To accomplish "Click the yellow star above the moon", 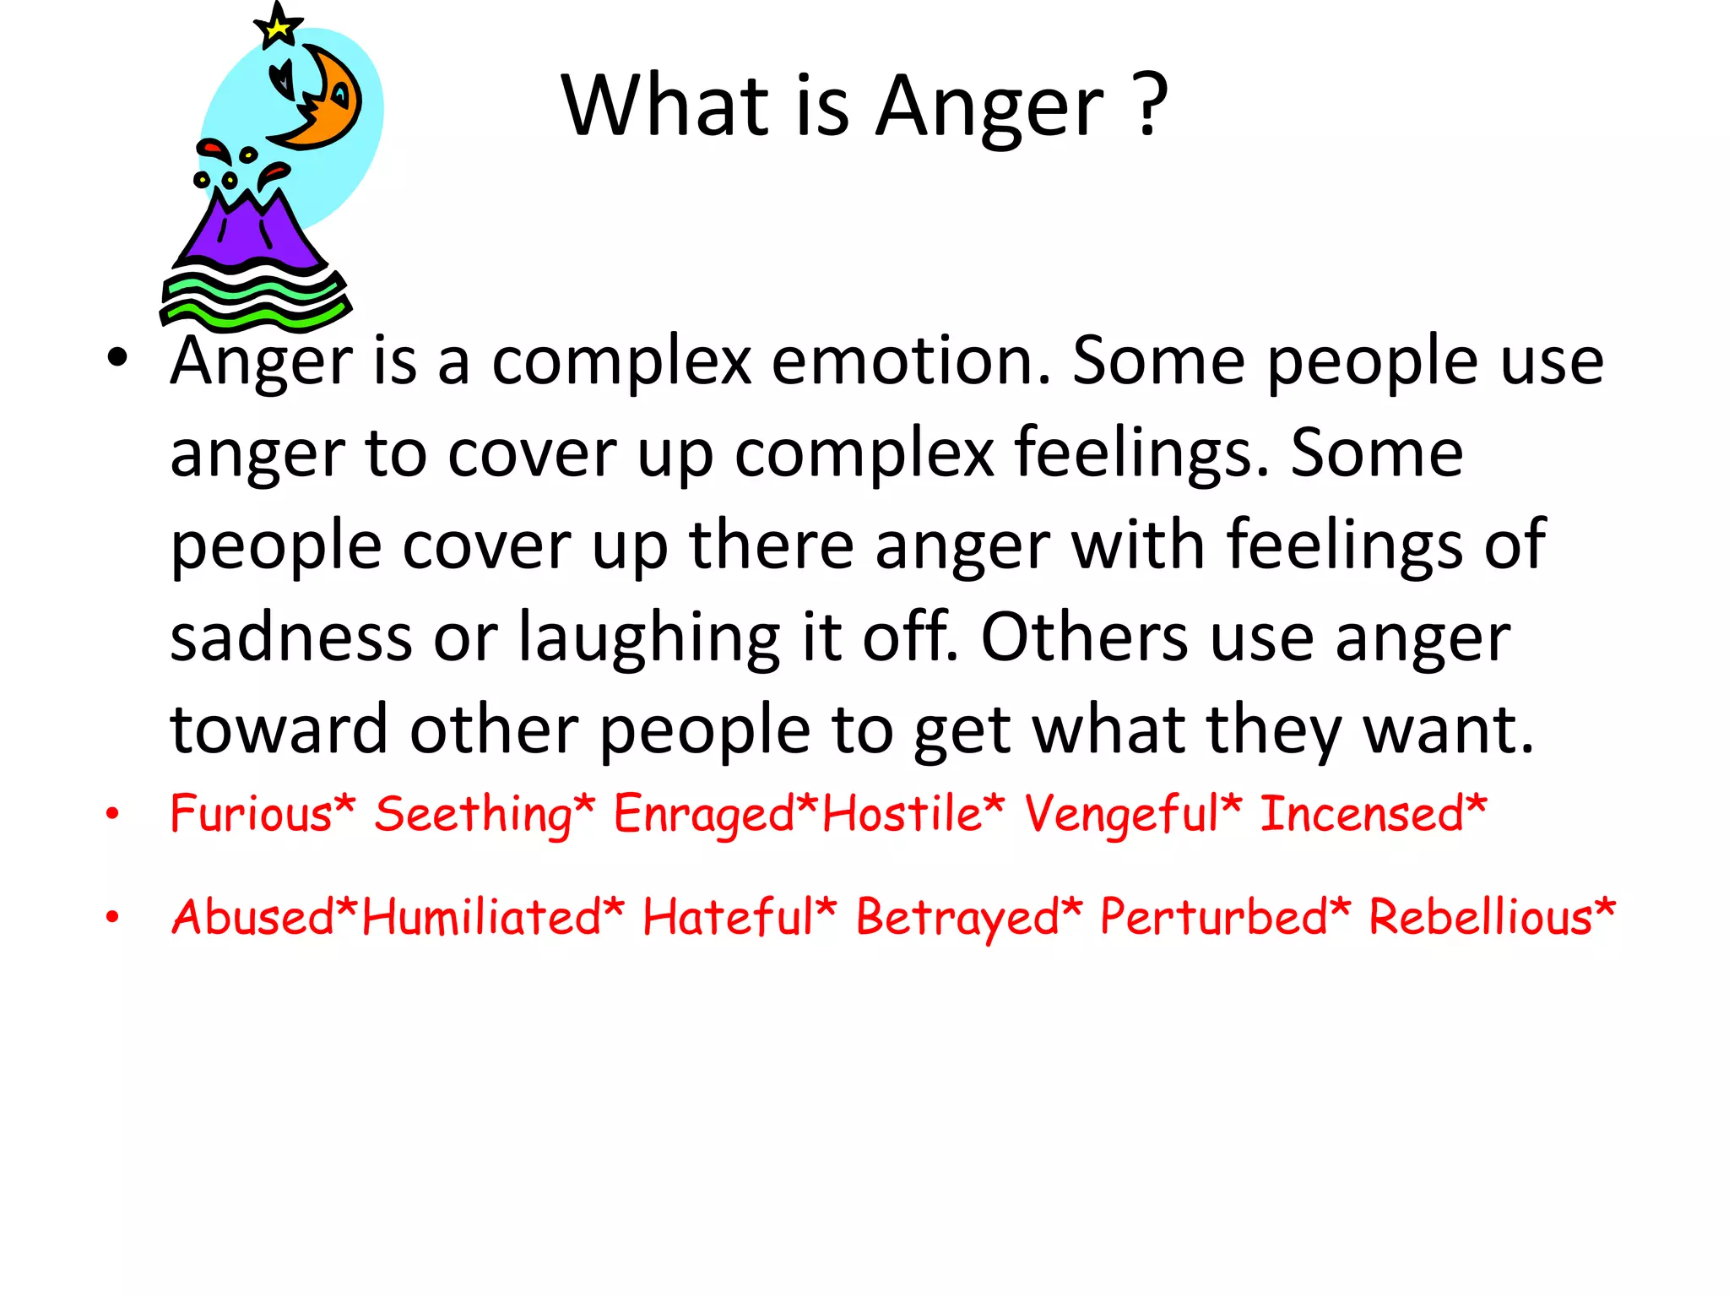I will pyautogui.click(x=277, y=27).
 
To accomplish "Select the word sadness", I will pyautogui.click(x=290, y=638).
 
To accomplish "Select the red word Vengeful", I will pyautogui.click(x=1123, y=816).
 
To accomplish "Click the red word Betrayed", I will pyautogui.click(x=957, y=919).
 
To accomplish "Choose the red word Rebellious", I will pyautogui.click(x=1480, y=917).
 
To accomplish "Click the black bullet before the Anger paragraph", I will pyautogui.click(x=117, y=358).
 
